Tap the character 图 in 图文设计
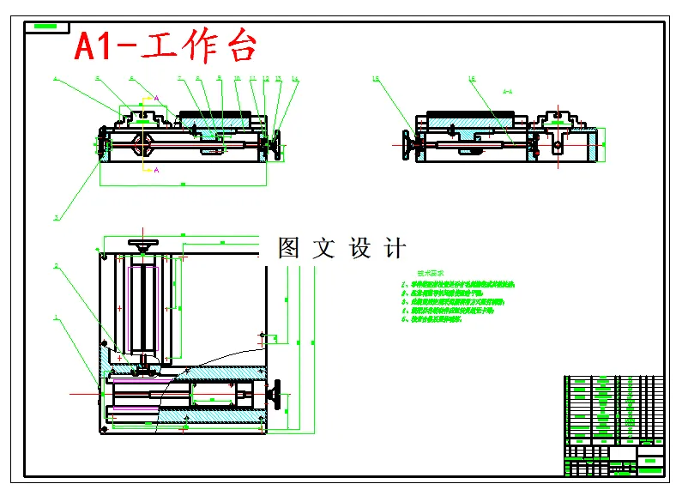(x=288, y=249)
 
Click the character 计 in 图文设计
(x=395, y=249)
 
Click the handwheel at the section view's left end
(x=409, y=146)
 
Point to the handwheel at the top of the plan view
(x=143, y=246)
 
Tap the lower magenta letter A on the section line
(x=156, y=170)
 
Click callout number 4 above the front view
(x=55, y=79)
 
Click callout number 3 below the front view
(x=57, y=218)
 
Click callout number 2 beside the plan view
(x=57, y=266)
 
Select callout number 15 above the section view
(x=376, y=79)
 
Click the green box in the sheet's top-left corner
(x=48, y=27)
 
